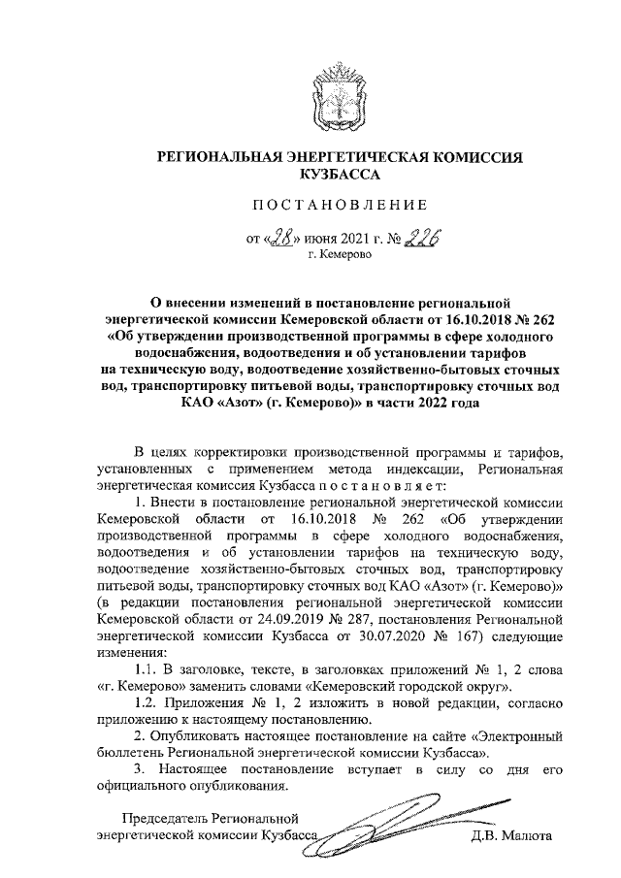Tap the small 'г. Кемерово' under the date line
(x=342, y=256)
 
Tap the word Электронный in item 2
(x=519, y=733)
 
